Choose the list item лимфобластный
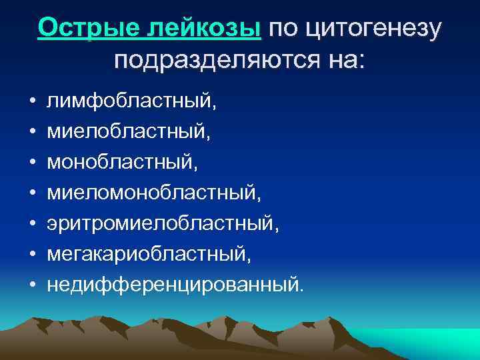[131, 101]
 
